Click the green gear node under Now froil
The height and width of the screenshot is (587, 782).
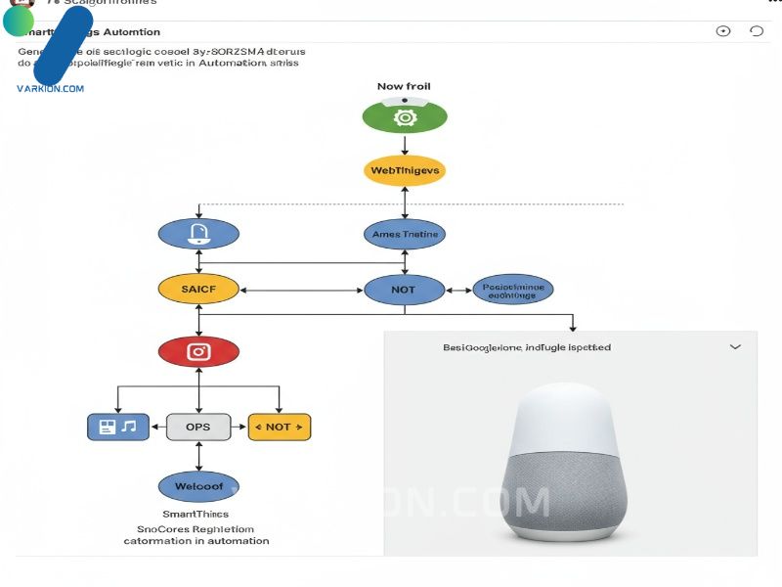[404, 117]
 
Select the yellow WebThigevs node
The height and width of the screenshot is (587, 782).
[404, 171]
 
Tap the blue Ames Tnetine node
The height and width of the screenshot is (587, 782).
[404, 234]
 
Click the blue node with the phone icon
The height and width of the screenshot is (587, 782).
[198, 234]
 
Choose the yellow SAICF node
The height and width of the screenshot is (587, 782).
[198, 289]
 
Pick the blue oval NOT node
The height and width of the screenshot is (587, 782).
[404, 289]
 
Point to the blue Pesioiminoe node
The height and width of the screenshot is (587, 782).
[513, 289]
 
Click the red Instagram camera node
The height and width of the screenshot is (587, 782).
[198, 352]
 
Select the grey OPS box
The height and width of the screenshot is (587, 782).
[198, 427]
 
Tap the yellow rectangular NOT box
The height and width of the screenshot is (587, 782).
[279, 427]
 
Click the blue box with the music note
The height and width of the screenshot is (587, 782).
[117, 427]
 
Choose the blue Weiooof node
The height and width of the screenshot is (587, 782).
[198, 485]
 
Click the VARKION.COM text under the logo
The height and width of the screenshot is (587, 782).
[50, 88]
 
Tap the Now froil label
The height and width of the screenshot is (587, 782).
[404, 86]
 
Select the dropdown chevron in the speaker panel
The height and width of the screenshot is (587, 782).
[735, 347]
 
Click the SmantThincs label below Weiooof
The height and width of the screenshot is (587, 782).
[195, 514]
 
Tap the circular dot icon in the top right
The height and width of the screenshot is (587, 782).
[723, 31]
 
